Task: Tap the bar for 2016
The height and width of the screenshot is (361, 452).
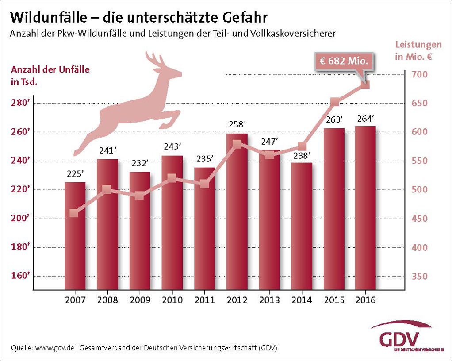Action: (x=366, y=208)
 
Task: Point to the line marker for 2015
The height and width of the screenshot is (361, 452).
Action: (x=335, y=103)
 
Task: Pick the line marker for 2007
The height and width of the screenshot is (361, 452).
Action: (x=74, y=213)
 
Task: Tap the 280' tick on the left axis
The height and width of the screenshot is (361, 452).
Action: (x=20, y=104)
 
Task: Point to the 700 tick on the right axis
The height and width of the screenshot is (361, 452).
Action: (x=421, y=74)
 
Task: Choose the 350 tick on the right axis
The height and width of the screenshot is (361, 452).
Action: (x=421, y=277)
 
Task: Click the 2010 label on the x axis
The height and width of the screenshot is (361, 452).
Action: (x=172, y=300)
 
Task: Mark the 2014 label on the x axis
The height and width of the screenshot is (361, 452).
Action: (x=302, y=300)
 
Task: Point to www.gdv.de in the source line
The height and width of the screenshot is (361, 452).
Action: (x=54, y=348)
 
